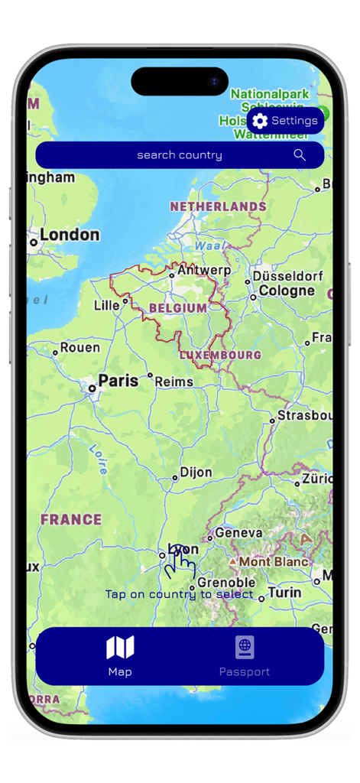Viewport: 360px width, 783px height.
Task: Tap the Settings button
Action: click(285, 121)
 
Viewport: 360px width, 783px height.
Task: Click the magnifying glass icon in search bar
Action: click(300, 155)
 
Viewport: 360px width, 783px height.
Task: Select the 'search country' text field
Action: click(180, 155)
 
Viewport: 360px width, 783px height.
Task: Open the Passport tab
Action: click(245, 656)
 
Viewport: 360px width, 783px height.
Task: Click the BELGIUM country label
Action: click(177, 308)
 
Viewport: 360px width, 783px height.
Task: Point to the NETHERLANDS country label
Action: click(218, 206)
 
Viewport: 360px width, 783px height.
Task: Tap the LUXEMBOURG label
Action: click(220, 355)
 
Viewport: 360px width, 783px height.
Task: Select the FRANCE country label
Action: click(71, 520)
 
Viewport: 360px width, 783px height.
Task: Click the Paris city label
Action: click(118, 381)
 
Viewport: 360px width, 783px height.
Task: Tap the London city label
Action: click(70, 236)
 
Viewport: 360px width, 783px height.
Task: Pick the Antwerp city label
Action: click(204, 271)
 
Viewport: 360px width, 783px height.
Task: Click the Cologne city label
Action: click(287, 291)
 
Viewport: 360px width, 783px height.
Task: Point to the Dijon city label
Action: click(196, 473)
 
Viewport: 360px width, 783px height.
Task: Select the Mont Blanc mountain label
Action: click(274, 562)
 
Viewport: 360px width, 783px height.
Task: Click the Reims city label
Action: click(175, 381)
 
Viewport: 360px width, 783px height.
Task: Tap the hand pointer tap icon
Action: click(180, 562)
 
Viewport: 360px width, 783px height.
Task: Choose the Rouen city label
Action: click(80, 348)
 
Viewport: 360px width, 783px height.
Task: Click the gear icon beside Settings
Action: click(260, 121)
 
